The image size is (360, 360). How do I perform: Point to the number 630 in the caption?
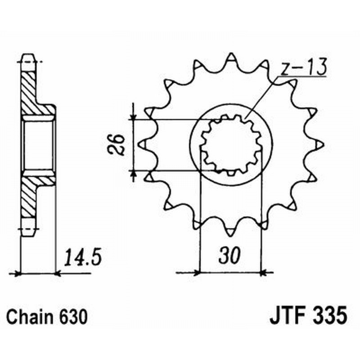click(x=72, y=316)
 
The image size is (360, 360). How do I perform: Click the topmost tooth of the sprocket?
click(x=231, y=59)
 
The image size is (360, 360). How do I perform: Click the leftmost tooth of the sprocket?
click(x=142, y=144)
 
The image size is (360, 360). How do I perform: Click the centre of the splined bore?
click(x=231, y=145)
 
